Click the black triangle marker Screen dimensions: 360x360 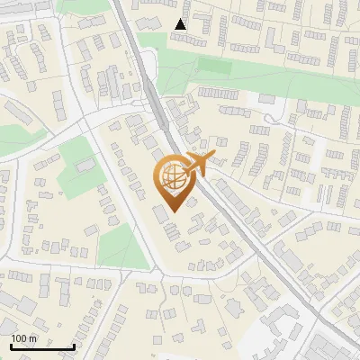pos(181,24)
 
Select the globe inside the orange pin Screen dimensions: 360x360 pos(173,177)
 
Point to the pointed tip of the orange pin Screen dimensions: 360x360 pos(173,212)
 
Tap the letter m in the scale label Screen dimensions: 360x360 pos(33,338)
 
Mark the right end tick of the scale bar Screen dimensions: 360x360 pos(74,346)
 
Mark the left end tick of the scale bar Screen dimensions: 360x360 pos(11,346)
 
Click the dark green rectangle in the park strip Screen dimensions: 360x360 pos(213,66)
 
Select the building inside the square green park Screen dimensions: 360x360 pos(85,165)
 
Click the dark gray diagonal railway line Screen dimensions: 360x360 pos(234,212)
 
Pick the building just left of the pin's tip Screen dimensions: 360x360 pos(160,212)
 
